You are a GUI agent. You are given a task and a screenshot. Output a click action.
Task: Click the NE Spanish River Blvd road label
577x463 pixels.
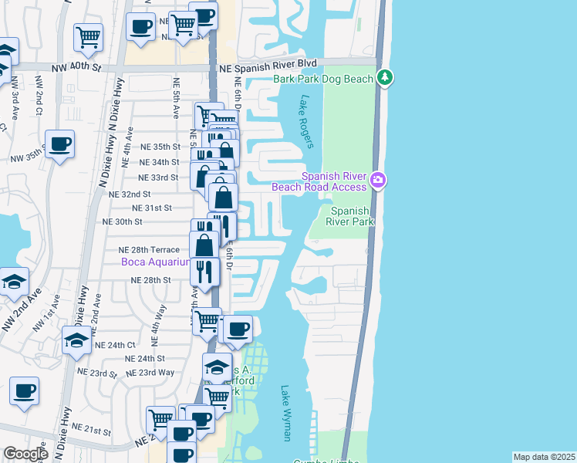pos(268,68)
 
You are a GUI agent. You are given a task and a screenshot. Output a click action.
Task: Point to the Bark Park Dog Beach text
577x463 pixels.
pos(324,78)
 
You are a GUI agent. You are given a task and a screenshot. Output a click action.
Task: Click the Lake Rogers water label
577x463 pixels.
pos(307,121)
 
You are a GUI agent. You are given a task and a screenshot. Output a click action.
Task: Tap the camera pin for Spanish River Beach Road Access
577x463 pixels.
pos(377,180)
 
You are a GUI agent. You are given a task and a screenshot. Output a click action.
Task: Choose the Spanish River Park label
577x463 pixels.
pos(352,217)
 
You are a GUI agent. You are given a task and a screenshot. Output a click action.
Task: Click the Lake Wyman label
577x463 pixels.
pos(285,413)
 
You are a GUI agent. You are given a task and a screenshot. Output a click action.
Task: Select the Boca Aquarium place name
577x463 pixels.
pos(154,262)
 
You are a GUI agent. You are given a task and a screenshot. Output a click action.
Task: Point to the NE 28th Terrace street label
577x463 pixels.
pos(149,250)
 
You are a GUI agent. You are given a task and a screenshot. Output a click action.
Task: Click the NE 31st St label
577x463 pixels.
pos(152,208)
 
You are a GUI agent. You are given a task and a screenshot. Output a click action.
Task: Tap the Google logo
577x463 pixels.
pos(25,454)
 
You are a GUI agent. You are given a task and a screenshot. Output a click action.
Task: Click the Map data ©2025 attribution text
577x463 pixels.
pos(545,457)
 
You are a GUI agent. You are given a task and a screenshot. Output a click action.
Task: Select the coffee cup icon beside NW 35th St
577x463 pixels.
pos(59,143)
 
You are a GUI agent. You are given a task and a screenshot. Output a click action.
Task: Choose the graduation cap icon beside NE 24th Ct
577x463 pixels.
pos(76,340)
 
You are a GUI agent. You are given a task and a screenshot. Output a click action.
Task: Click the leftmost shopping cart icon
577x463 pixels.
pos(89,35)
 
